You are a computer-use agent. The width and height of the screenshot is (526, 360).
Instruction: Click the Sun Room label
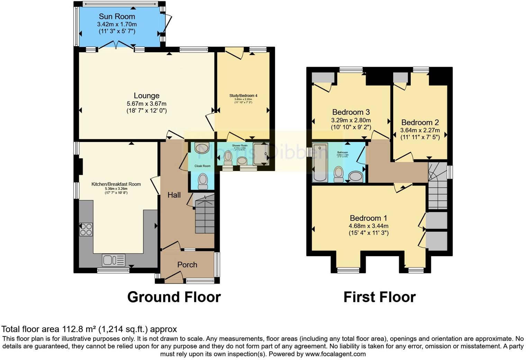pos(117,16)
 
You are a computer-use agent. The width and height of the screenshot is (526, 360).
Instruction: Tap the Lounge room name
pos(146,96)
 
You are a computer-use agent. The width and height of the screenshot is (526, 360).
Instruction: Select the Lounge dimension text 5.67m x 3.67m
pos(146,103)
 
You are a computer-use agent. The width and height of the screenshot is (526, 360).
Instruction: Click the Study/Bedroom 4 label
pos(243,96)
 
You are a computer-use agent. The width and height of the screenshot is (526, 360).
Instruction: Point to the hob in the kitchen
pos(86,229)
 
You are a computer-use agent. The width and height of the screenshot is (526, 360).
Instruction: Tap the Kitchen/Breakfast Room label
pos(116,184)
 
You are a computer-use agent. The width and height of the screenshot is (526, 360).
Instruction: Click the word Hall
pos(174,195)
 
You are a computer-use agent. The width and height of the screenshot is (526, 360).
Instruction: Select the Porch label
pos(187,265)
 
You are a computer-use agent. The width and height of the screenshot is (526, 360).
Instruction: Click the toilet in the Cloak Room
pos(203,181)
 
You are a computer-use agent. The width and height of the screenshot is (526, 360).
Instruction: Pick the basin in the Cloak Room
pos(202,148)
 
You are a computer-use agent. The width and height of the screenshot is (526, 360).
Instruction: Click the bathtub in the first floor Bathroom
pos(320,163)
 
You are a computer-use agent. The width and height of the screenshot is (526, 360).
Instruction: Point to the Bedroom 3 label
pos(351,112)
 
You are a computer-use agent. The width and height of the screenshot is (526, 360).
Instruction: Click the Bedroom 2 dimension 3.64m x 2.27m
pos(420,130)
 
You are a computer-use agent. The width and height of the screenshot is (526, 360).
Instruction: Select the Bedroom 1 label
pos(368,218)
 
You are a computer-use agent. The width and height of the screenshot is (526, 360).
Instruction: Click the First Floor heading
pos(379,297)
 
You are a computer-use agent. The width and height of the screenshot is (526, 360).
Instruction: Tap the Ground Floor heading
pos(174,297)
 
